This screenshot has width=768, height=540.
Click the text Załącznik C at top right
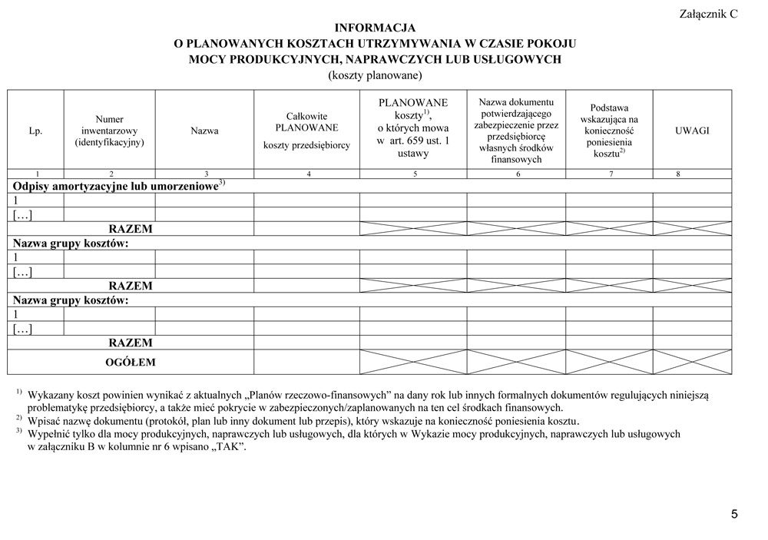pos(708,14)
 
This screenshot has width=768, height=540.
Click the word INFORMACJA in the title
pos(375,28)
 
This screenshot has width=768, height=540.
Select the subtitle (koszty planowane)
pos(375,75)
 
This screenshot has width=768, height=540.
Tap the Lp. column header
pos(35,131)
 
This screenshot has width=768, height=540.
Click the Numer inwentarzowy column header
pos(110,131)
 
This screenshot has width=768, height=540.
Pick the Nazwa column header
pos(204,131)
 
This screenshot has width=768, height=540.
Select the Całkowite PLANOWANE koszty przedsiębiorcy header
pos(306,131)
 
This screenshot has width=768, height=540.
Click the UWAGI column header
pos(691,131)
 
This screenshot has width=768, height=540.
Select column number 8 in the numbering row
pos(678,174)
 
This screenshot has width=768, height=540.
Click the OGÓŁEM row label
pos(131,361)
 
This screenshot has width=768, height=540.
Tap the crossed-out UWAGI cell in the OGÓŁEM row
pos(691,361)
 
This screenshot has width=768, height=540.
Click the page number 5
pos(734,515)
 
